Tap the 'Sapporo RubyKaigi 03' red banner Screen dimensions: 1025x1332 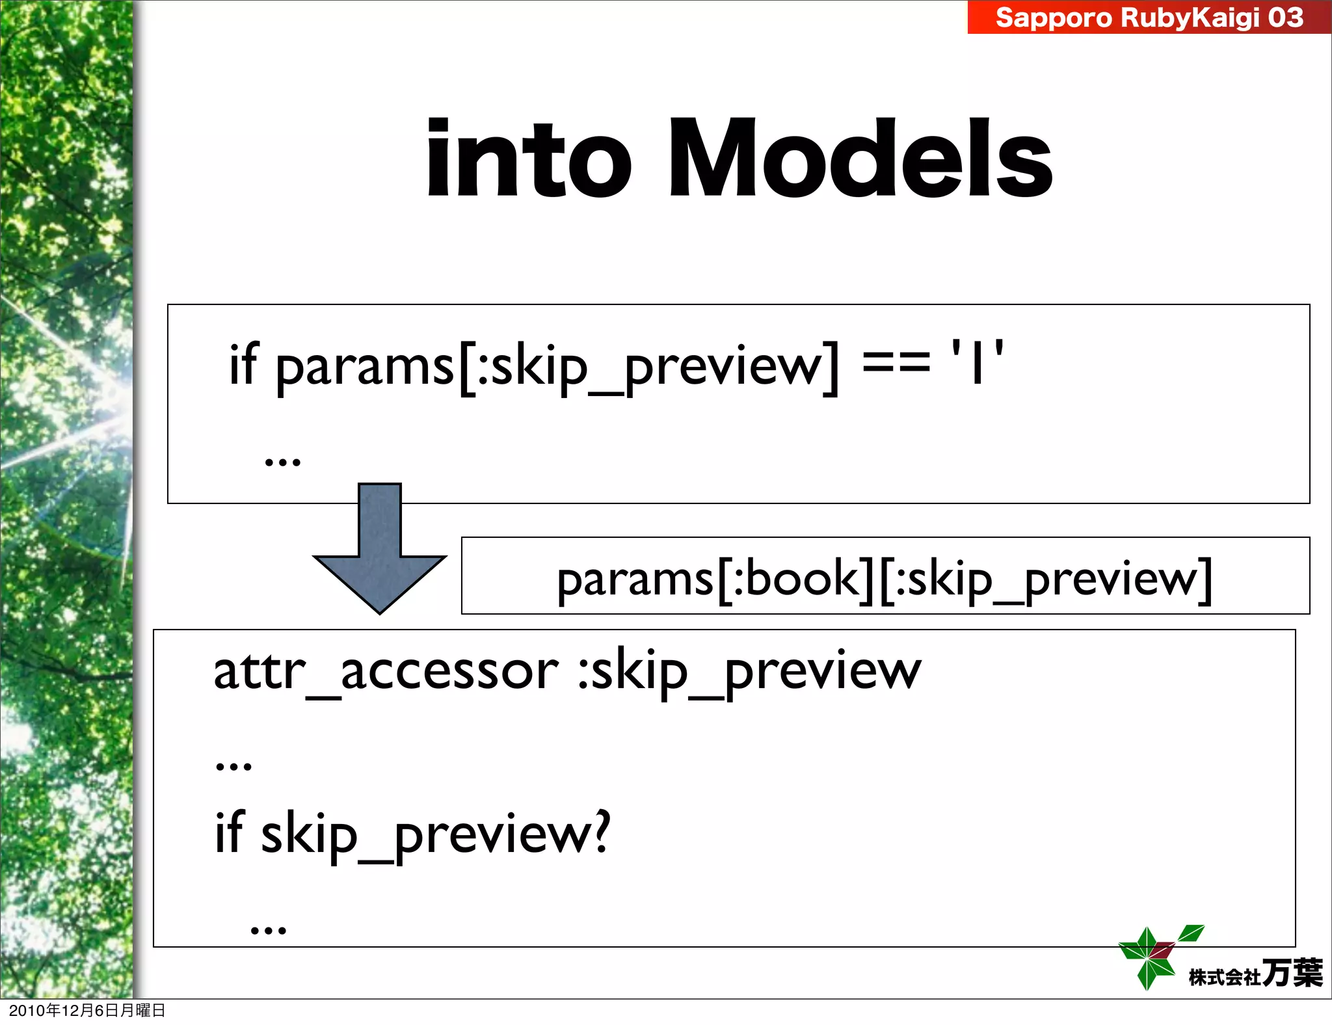[x=1149, y=17]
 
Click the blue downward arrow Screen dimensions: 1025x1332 [x=380, y=553]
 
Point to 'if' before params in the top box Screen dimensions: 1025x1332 [x=243, y=364]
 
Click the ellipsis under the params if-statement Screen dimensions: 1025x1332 [x=283, y=461]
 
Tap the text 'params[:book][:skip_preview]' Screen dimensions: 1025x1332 [x=885, y=579]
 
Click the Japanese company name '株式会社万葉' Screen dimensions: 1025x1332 [x=1255, y=974]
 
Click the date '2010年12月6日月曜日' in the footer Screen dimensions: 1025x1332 [x=87, y=1010]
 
